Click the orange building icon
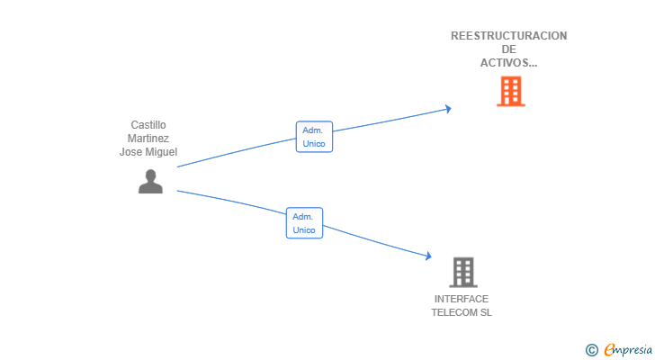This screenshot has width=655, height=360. click(510, 91)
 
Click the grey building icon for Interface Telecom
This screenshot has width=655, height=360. click(463, 273)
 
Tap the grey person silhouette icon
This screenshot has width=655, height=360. click(150, 181)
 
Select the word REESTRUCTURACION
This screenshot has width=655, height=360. click(509, 36)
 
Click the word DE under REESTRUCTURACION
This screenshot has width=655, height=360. click(509, 49)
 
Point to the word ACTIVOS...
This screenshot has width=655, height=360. click(505, 63)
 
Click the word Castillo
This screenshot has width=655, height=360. click(148, 125)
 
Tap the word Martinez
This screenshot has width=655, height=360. click(148, 139)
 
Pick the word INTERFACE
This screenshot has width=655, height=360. click(462, 299)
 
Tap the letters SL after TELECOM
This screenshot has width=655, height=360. click(486, 312)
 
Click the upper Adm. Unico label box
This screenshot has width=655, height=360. click(314, 137)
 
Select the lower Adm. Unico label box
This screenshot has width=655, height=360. click(304, 223)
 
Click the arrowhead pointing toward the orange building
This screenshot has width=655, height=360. click(448, 109)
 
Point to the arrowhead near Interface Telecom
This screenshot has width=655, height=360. click(428, 256)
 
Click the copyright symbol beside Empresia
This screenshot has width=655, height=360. click(591, 350)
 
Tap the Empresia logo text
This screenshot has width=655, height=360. click(628, 349)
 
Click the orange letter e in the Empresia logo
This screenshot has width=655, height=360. click(609, 349)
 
